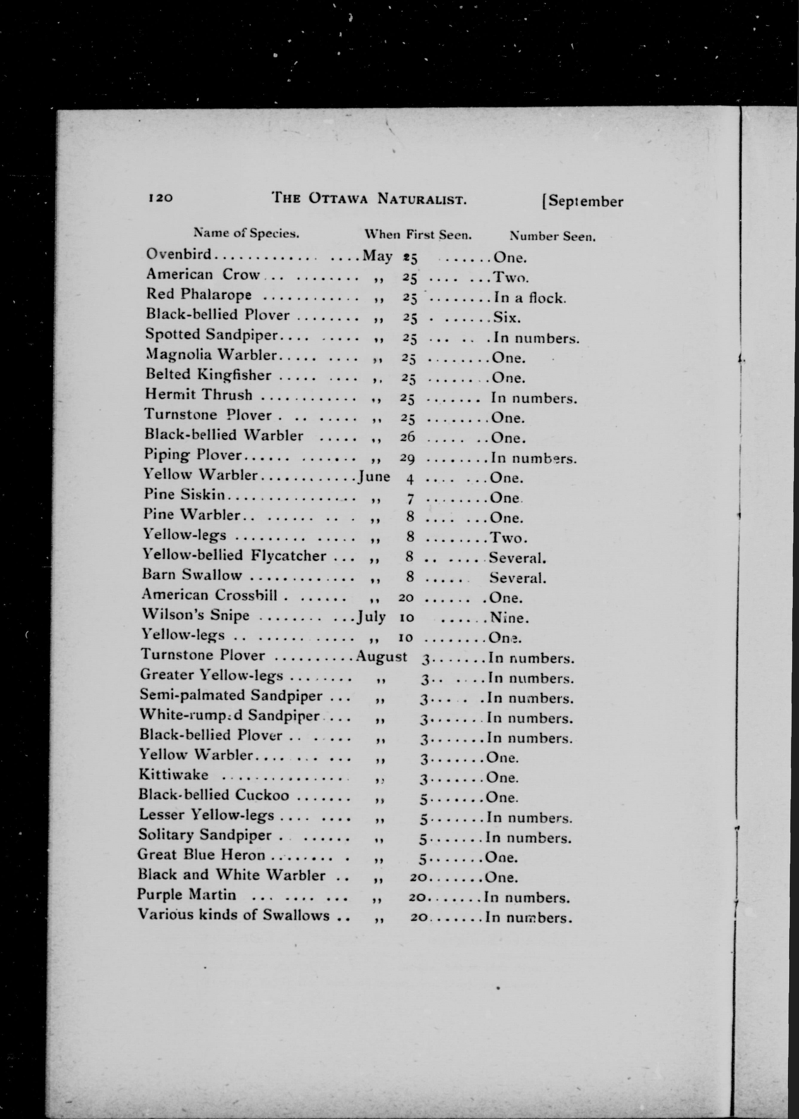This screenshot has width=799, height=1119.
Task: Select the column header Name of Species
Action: coord(246,233)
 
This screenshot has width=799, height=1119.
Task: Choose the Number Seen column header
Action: coord(553,236)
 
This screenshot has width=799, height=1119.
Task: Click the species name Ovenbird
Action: coord(179,254)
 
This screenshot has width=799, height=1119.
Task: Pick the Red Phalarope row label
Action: coord(199,294)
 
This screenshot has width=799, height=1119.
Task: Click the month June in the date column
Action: coord(375,476)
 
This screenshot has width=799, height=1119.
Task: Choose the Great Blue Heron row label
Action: coord(201,854)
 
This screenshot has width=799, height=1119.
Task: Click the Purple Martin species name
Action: coord(187,895)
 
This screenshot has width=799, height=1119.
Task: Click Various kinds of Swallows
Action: coord(233,915)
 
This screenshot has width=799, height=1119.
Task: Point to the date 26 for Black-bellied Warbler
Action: coord(408,437)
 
